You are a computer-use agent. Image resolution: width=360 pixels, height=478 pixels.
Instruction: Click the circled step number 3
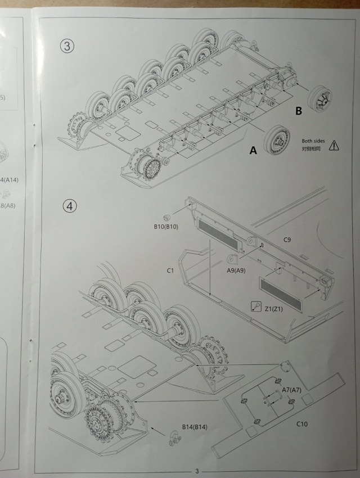tap(67, 46)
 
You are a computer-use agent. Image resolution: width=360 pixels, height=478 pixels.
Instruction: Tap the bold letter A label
tap(253, 150)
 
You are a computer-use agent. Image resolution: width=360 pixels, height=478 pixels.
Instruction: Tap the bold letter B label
tap(299, 111)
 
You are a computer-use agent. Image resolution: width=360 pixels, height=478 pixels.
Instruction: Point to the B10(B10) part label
tap(166, 227)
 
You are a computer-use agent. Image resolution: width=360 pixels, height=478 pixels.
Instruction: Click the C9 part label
tap(287, 240)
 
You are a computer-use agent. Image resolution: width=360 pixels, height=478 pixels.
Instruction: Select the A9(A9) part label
tap(238, 270)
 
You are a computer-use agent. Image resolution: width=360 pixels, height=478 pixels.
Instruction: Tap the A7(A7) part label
tap(294, 390)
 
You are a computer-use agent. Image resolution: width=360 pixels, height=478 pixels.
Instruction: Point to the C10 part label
tap(303, 423)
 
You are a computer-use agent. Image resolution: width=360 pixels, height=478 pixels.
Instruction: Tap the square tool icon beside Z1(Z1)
tap(255, 306)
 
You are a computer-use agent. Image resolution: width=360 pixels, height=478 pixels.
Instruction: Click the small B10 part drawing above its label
tap(167, 217)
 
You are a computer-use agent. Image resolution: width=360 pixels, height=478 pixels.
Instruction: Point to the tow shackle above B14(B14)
tap(174, 438)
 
